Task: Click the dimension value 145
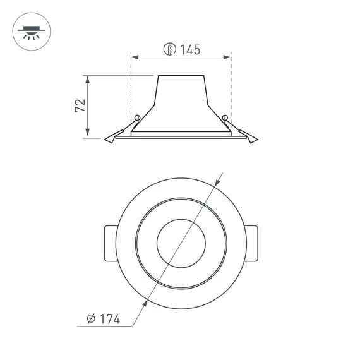[x=190, y=49]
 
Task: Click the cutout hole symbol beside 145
[x=169, y=49]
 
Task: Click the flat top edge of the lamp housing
[x=181, y=76]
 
